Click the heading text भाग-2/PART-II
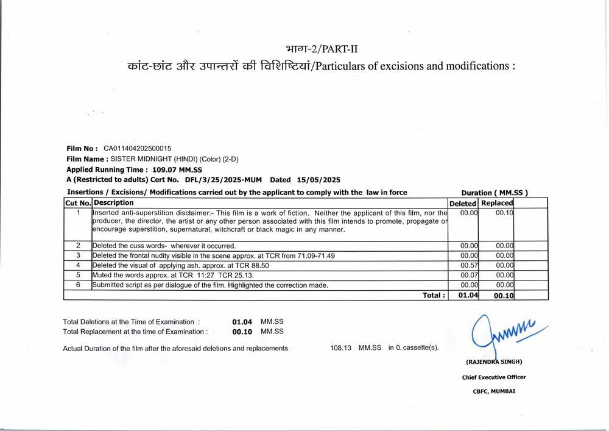point(325,49)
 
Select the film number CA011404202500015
point(138,148)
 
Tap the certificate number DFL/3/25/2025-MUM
point(223,180)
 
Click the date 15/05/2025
point(319,180)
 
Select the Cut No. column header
point(78,203)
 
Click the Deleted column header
point(463,203)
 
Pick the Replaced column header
point(497,203)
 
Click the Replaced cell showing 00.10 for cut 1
point(504,213)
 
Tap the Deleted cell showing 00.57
point(469,266)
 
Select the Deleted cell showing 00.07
point(469,276)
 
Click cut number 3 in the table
point(78,256)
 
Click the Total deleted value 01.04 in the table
point(467,296)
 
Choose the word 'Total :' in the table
point(434,296)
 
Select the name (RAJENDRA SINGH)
point(494,362)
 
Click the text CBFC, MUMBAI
point(494,391)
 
